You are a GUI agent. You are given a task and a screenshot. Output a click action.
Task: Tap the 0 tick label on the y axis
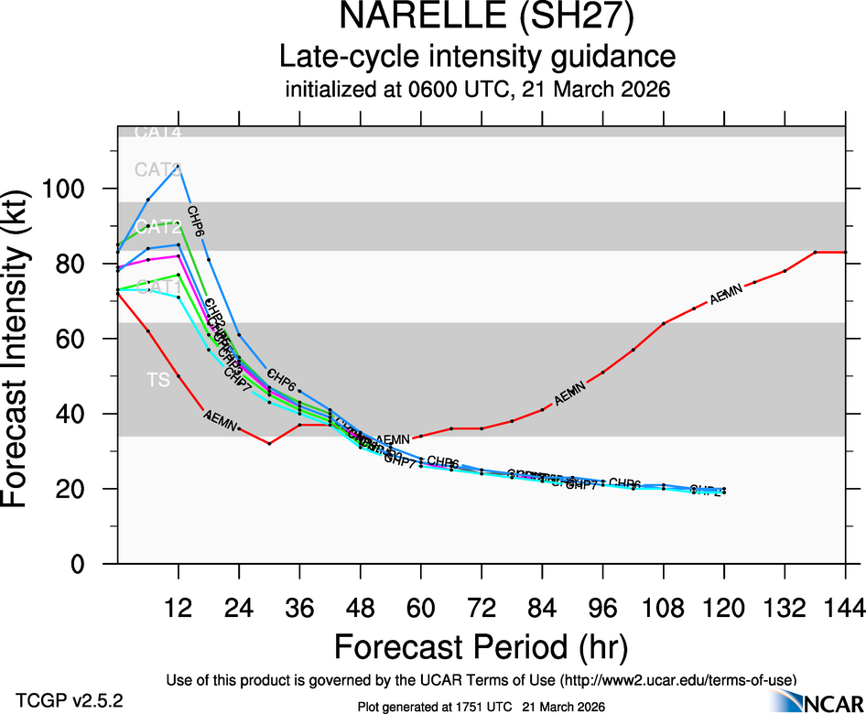point(81,564)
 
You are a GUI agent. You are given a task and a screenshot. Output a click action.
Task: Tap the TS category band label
point(159,380)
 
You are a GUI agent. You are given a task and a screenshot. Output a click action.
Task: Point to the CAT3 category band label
point(158,169)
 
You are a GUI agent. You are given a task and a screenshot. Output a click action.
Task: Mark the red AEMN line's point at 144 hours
point(845,252)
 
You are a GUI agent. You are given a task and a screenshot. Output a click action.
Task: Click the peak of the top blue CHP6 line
point(178,167)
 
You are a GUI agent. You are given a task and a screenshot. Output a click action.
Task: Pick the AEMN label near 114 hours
point(727,295)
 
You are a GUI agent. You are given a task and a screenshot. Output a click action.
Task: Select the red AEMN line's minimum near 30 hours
point(269,443)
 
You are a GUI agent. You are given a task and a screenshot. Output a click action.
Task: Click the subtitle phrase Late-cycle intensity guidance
point(477,57)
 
